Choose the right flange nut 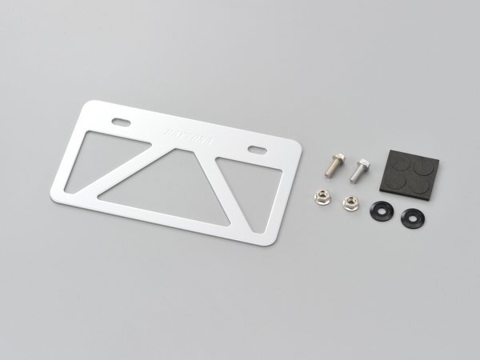point(350,202)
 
